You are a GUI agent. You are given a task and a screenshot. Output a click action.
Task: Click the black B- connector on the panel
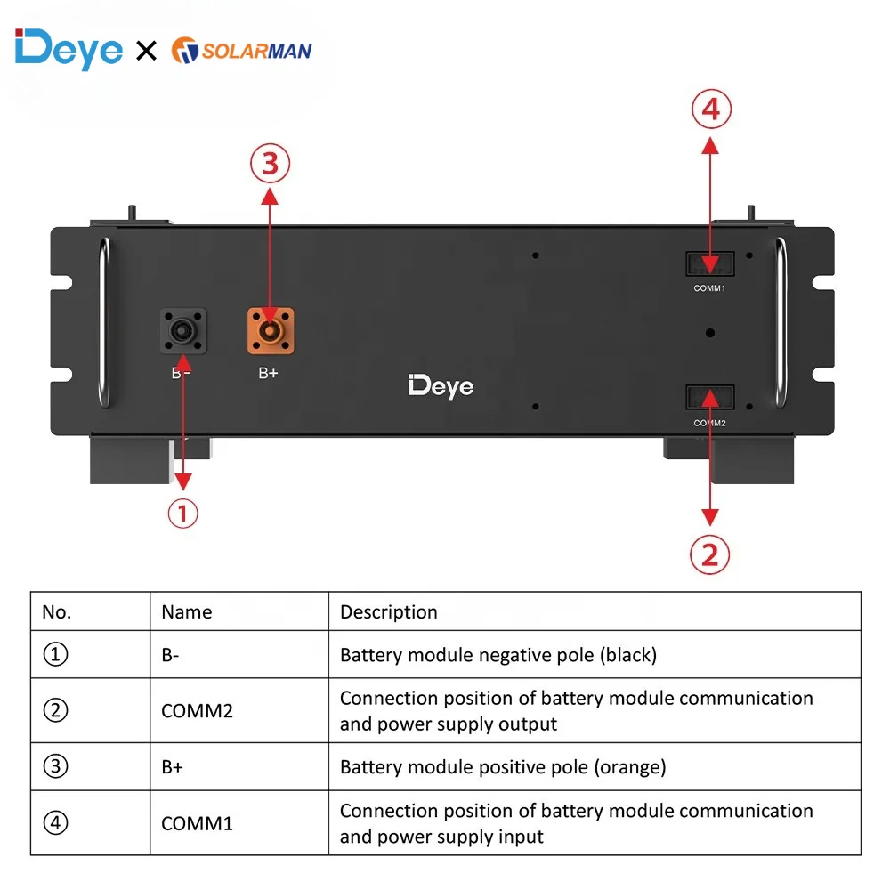pos(182,331)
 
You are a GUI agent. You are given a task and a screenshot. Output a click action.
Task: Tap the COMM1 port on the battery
pos(709,263)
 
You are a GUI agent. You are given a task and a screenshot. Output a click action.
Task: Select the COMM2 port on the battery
pos(709,397)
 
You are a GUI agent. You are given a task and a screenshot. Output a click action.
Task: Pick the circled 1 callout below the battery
pos(182,514)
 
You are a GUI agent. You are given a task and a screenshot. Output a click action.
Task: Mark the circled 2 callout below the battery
pos(709,554)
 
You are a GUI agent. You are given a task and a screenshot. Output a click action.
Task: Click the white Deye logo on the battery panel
pos(441,386)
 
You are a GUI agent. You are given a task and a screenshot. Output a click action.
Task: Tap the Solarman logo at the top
pos(241,50)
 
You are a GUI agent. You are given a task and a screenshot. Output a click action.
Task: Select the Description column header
pos(389,612)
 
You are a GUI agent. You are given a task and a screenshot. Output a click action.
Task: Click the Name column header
pos(187,612)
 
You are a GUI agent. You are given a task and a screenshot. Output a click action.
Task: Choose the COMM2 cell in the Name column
pos(197,711)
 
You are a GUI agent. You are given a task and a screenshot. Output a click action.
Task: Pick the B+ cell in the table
pos(173,767)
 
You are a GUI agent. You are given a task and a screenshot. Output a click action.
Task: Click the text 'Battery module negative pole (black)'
pos(498,656)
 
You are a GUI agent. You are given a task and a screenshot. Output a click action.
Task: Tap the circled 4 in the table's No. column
pos(55,823)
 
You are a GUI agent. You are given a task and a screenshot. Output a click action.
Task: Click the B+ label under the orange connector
pos(268,373)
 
